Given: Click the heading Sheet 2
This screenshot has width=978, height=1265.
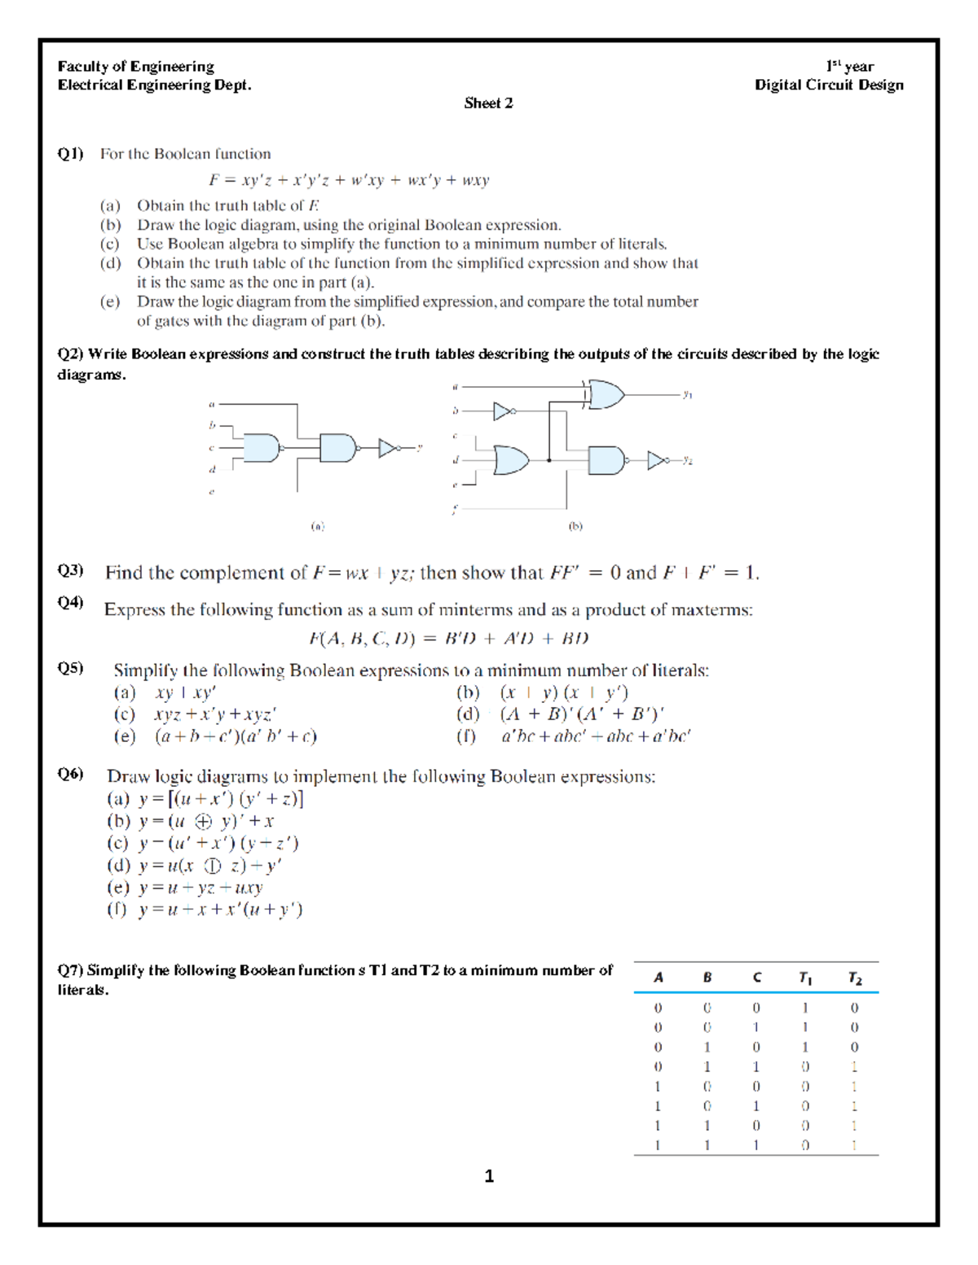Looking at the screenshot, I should [x=488, y=103].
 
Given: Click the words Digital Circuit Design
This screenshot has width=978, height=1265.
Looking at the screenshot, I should [x=828, y=85].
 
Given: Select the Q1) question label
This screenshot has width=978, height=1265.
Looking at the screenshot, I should [x=70, y=153].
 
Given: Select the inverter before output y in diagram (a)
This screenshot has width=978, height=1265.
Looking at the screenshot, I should [x=389, y=448].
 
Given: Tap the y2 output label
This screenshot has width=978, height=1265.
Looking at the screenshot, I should [x=687, y=460].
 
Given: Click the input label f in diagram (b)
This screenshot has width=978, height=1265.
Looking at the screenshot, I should [x=455, y=510].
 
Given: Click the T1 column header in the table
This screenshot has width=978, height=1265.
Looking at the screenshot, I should [x=804, y=977].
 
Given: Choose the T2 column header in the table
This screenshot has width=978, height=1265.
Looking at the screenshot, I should [x=854, y=977].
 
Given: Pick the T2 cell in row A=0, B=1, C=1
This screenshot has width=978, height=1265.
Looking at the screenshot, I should [x=854, y=1066].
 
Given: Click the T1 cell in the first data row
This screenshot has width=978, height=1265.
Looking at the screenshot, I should [x=804, y=1008].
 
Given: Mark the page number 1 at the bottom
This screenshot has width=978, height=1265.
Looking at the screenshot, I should [x=489, y=1175].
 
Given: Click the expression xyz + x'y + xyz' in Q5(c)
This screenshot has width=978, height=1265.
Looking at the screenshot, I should [x=215, y=714].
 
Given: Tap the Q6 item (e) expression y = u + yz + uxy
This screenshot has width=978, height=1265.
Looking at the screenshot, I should [x=200, y=887].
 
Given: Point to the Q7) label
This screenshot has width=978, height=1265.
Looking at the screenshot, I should [x=70, y=970].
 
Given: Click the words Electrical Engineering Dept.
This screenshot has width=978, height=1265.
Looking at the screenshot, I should [x=154, y=85].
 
